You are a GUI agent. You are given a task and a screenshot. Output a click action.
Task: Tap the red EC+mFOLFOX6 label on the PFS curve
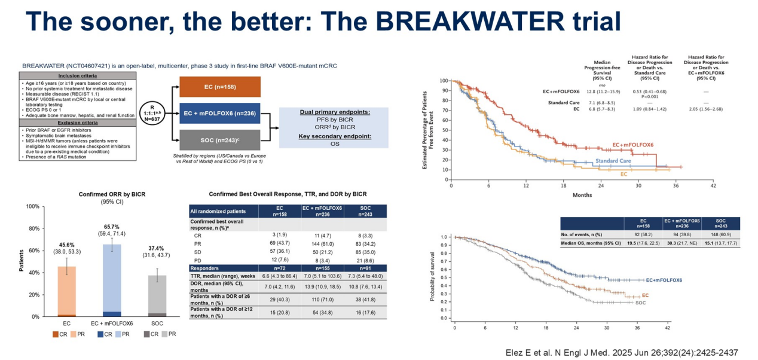click(633, 145)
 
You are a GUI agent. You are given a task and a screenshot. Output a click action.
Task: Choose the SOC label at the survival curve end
click(640, 304)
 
